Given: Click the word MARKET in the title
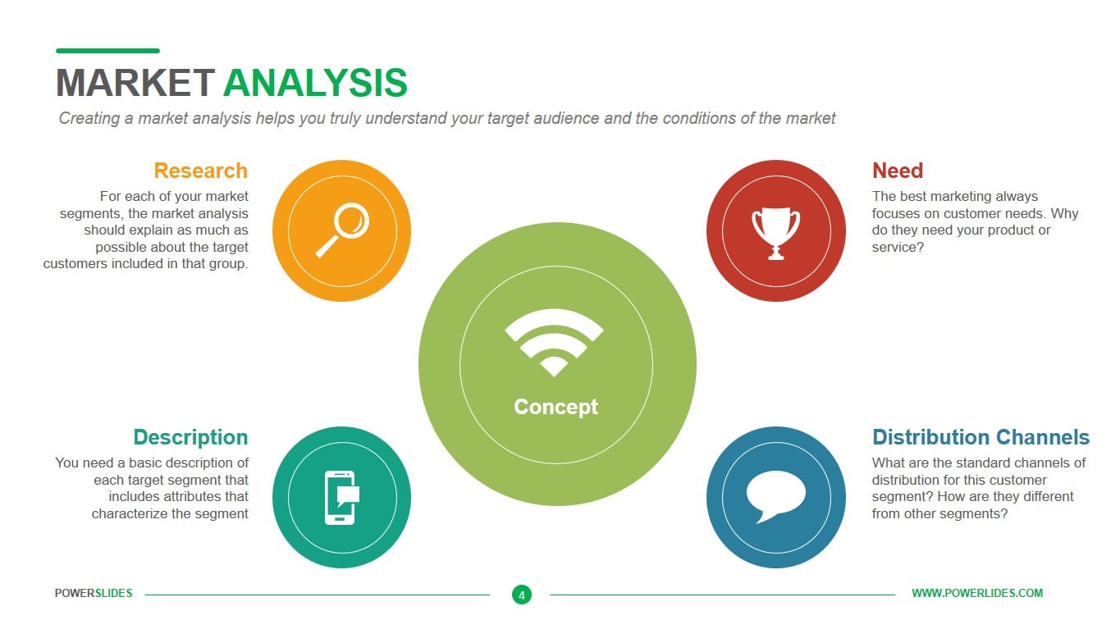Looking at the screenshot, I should point(135,83).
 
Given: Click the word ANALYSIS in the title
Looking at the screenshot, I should point(315,83).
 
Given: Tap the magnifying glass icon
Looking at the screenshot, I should point(342,230).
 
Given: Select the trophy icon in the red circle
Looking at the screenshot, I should point(775,232).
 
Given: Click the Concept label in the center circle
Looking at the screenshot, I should point(555,407).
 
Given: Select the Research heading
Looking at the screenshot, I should point(200,171).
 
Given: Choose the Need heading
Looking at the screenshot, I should point(897,171).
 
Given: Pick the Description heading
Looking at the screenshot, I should point(190,437).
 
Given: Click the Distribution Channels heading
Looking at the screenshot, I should point(981,437).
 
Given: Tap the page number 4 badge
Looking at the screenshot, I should point(522,595).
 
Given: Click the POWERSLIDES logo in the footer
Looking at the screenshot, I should point(94,594).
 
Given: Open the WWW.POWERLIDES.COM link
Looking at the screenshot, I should point(977,594).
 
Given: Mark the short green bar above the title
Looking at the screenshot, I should point(107,51).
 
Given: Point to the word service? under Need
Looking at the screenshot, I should point(898,247).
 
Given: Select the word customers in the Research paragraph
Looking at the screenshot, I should point(75,263).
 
